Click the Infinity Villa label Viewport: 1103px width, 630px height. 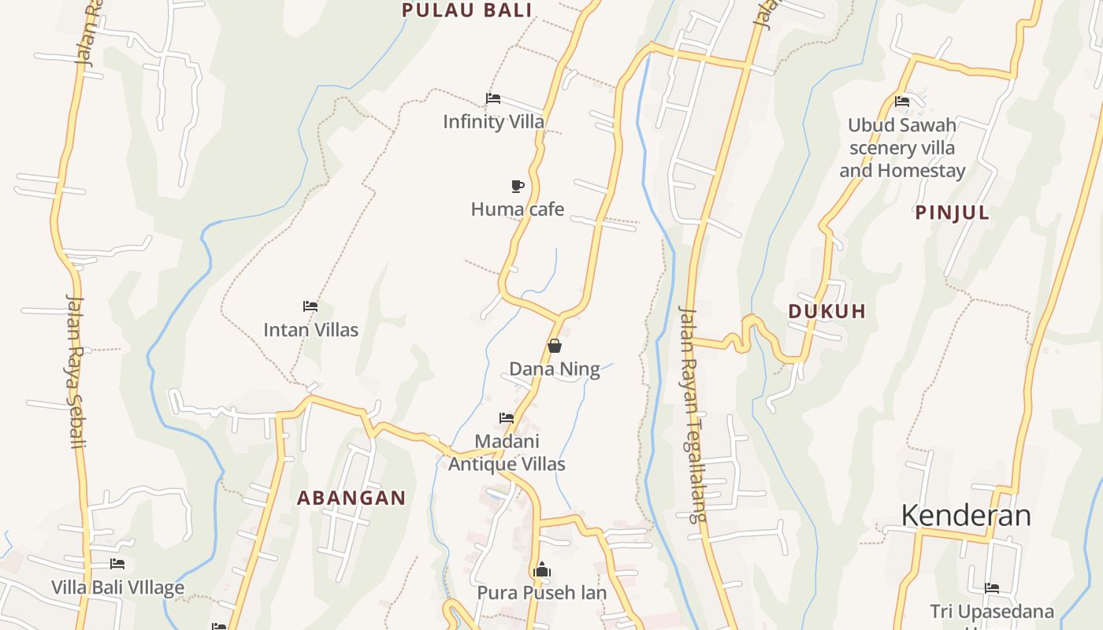click(x=493, y=121)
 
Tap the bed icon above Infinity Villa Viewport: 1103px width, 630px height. click(x=493, y=98)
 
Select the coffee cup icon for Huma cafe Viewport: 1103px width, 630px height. click(x=517, y=186)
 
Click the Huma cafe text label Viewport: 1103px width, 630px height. click(x=517, y=209)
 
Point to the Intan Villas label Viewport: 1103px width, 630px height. click(x=310, y=329)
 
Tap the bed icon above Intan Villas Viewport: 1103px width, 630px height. click(x=310, y=306)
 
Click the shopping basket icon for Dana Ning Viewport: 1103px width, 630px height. click(x=555, y=346)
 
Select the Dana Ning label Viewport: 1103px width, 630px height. click(x=555, y=369)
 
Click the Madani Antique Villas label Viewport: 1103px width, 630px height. click(x=507, y=453)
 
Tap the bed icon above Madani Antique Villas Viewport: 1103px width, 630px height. click(x=507, y=418)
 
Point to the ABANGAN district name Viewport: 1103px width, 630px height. click(x=351, y=498)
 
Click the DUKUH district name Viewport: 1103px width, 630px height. click(x=827, y=311)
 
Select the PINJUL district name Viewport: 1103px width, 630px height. click(x=952, y=213)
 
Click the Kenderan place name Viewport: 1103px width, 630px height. click(x=966, y=515)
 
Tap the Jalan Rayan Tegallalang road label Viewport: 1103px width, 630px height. click(x=692, y=413)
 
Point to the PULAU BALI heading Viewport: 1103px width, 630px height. click(x=467, y=10)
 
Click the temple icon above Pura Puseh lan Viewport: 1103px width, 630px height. click(x=541, y=569)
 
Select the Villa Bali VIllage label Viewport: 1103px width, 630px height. click(x=117, y=587)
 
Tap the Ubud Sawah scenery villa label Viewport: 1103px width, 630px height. click(x=902, y=147)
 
